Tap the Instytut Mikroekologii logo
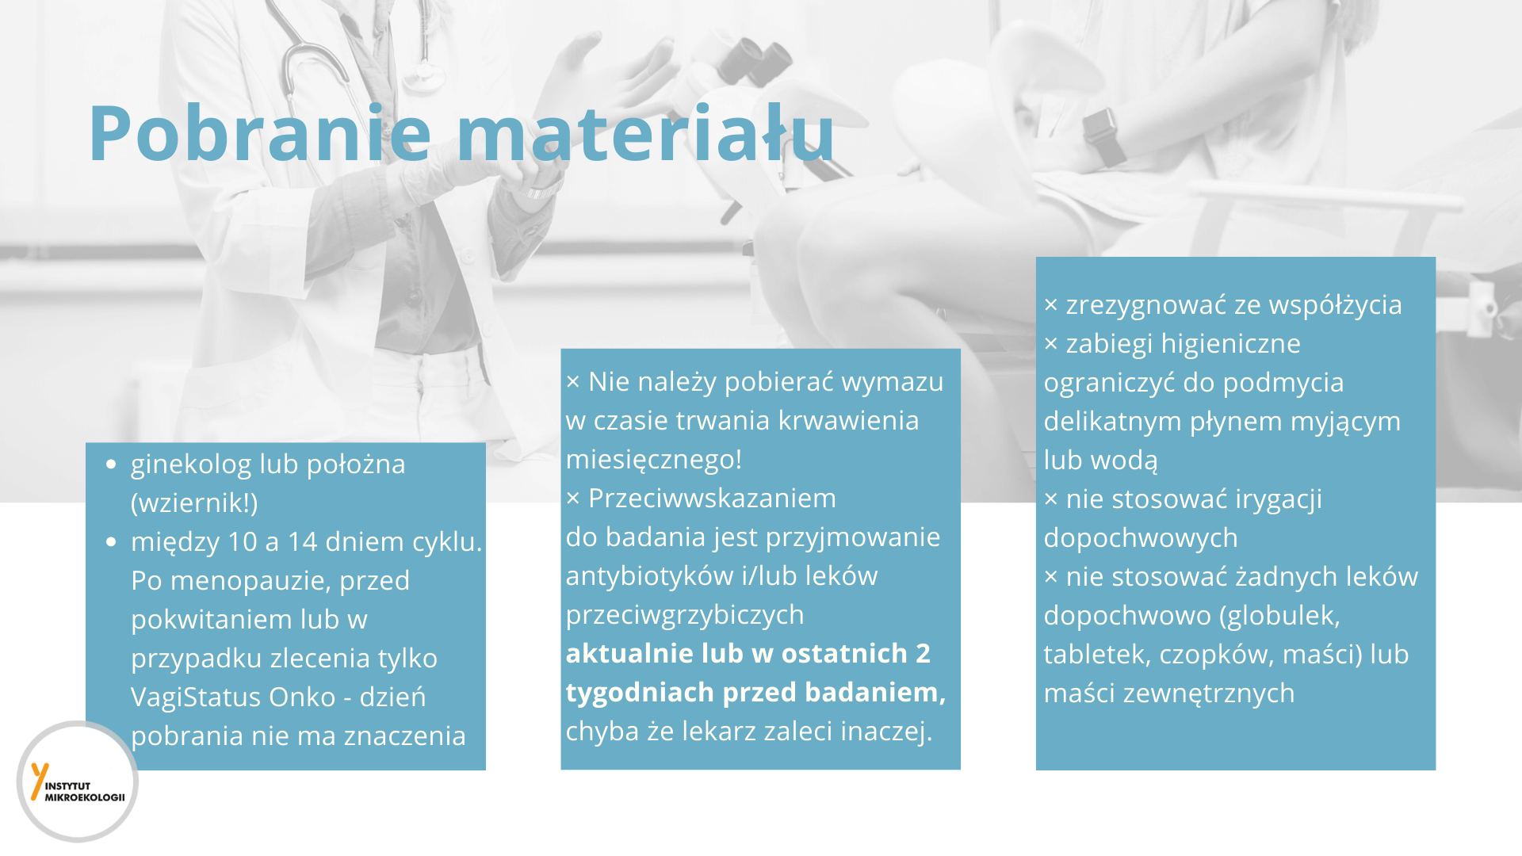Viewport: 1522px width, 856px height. point(78,781)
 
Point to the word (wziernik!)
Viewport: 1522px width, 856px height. point(194,503)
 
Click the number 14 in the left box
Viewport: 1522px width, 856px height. point(302,542)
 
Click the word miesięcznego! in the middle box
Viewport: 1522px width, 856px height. point(654,460)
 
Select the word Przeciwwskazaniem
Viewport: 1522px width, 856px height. point(712,499)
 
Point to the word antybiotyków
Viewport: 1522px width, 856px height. point(650,577)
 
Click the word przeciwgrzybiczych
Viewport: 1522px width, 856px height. point(685,616)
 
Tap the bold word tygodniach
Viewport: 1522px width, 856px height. point(640,694)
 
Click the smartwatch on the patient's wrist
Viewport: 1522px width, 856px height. point(1103,136)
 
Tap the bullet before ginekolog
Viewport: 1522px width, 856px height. point(111,465)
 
